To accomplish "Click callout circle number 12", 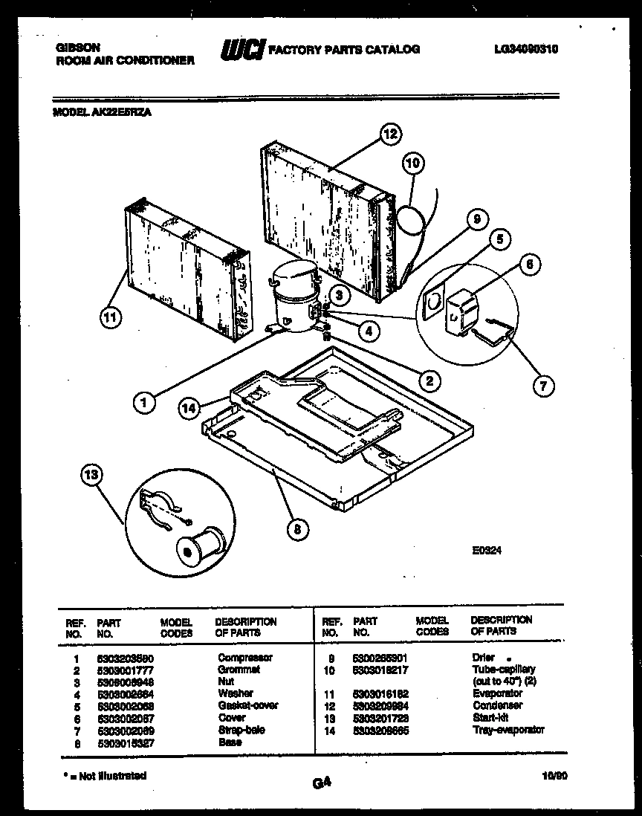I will tap(390, 135).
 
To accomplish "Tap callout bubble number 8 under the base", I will tap(297, 529).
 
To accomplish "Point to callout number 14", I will tap(189, 407).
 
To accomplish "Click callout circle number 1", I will tap(144, 403).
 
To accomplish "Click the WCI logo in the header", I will tap(241, 51).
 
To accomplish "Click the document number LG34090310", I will tap(525, 50).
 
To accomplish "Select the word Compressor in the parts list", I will tap(244, 658).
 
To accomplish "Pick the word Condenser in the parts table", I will tap(497, 705).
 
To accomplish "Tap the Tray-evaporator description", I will tap(508, 730).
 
